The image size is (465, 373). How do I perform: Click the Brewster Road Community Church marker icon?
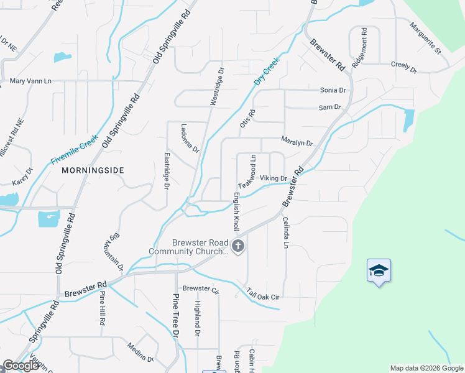click(238, 247)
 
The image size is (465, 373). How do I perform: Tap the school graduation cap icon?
click(379, 270)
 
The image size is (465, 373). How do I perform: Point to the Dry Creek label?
click(267, 71)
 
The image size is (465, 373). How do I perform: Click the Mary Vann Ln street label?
click(30, 81)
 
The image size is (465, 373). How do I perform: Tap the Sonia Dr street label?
click(332, 90)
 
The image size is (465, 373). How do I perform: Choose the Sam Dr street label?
click(329, 108)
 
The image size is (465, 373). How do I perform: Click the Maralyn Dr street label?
click(297, 142)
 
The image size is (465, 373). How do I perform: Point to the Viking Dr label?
click(273, 178)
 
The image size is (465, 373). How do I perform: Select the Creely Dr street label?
click(403, 65)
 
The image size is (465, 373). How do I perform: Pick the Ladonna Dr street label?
click(191, 140)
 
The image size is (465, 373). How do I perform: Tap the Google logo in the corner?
click(21, 366)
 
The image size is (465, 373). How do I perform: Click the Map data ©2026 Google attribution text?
click(426, 368)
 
